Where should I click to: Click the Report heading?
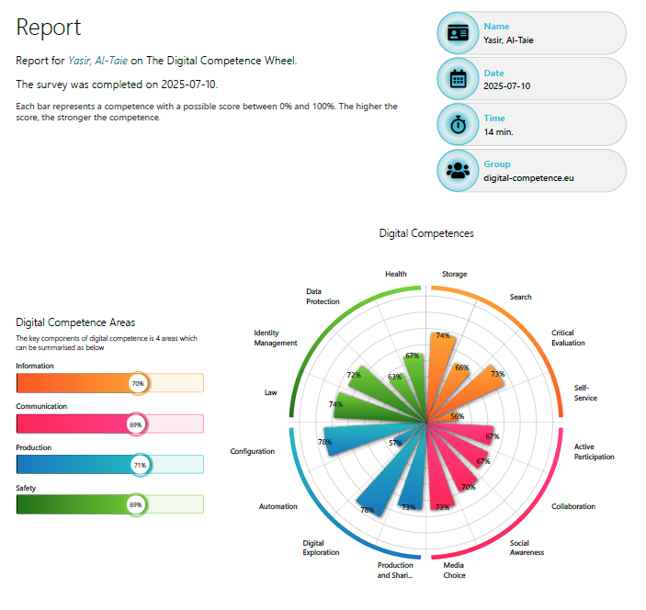pyautogui.click(x=49, y=28)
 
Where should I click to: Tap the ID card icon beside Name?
pyautogui.click(x=458, y=33)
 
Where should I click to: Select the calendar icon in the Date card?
pyautogui.click(x=458, y=79)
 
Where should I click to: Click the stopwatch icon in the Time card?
pyautogui.click(x=458, y=125)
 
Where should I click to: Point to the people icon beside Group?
pyautogui.click(x=458, y=170)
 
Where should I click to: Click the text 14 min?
pyautogui.click(x=498, y=131)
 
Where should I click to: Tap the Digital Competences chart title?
pyautogui.click(x=426, y=233)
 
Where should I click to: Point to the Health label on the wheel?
pyautogui.click(x=396, y=274)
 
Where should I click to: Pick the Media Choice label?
pyautogui.click(x=454, y=570)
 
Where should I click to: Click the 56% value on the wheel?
pyautogui.click(x=458, y=416)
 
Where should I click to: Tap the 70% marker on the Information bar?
pyautogui.click(x=139, y=383)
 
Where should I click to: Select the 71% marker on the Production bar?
pyautogui.click(x=141, y=465)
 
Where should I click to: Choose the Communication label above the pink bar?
pyautogui.click(x=41, y=406)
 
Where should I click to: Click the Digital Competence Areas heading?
pyautogui.click(x=75, y=322)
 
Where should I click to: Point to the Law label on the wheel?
pyautogui.click(x=270, y=392)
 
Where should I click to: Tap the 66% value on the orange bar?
pyautogui.click(x=462, y=367)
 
